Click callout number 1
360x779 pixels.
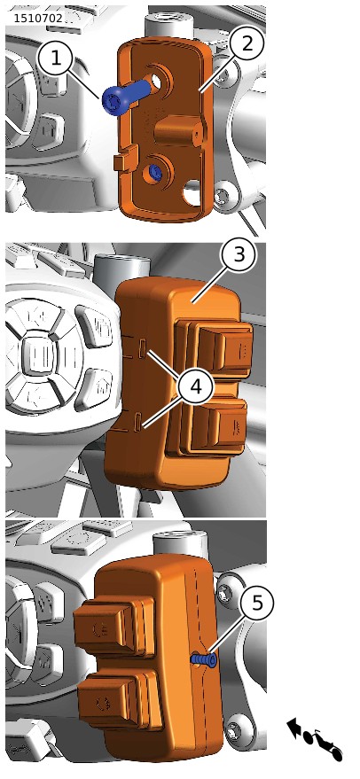tap(56, 58)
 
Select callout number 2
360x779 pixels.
tap(247, 43)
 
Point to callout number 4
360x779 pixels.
tap(197, 386)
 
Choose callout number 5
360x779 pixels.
tap(257, 604)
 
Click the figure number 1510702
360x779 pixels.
tap(38, 19)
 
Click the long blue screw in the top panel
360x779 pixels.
tap(125, 97)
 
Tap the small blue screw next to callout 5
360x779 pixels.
tap(204, 658)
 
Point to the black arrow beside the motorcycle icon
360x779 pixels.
tap(294, 727)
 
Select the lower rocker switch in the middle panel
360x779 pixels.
tap(213, 425)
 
